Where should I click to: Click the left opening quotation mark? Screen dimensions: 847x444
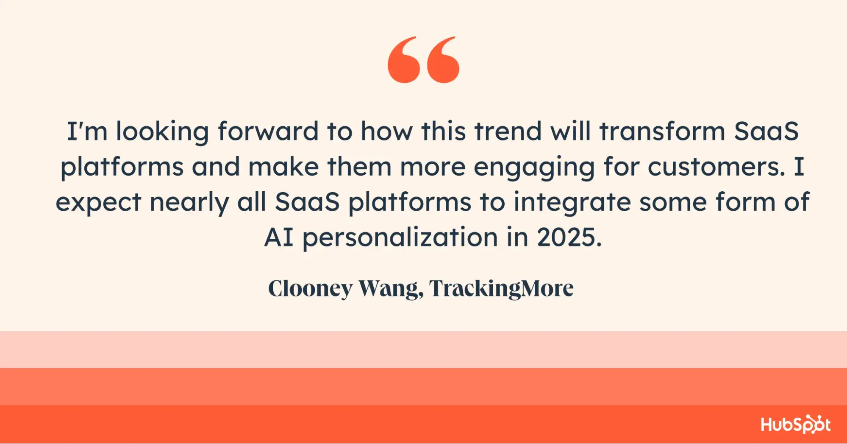click(404, 60)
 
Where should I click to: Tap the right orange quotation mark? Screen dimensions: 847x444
click(443, 60)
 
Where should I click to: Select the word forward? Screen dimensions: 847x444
click(268, 131)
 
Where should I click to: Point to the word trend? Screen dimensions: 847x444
click(508, 131)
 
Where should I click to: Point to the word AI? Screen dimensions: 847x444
click(279, 237)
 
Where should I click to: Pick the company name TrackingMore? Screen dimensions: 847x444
click(502, 289)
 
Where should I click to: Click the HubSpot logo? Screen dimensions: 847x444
click(796, 424)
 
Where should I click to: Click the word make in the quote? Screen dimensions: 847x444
click(283, 167)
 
